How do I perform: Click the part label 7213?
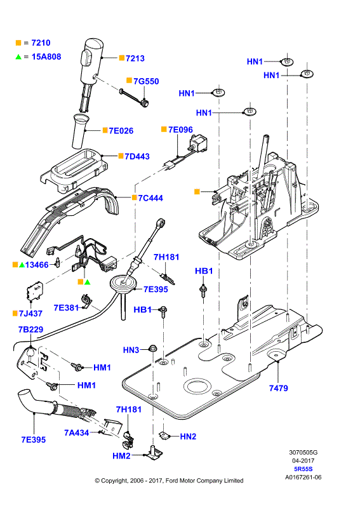(x=135, y=58)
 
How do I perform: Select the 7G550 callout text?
(x=146, y=81)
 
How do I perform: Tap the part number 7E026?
(x=121, y=131)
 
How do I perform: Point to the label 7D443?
(x=137, y=156)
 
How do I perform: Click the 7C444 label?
(x=150, y=198)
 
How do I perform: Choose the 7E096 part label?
(x=180, y=130)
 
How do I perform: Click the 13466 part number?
(x=37, y=265)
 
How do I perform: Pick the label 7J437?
(x=30, y=314)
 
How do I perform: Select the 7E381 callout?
(x=66, y=308)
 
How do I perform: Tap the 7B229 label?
(x=30, y=330)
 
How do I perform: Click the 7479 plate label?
(x=278, y=388)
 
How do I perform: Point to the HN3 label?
(x=131, y=351)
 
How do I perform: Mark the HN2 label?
(x=188, y=437)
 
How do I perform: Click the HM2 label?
(x=121, y=456)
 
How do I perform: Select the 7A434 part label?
(x=76, y=433)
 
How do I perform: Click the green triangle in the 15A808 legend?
(x=18, y=57)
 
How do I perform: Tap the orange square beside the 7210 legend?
(x=18, y=43)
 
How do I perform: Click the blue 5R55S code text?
(x=303, y=469)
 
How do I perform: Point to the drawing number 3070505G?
(x=303, y=453)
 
